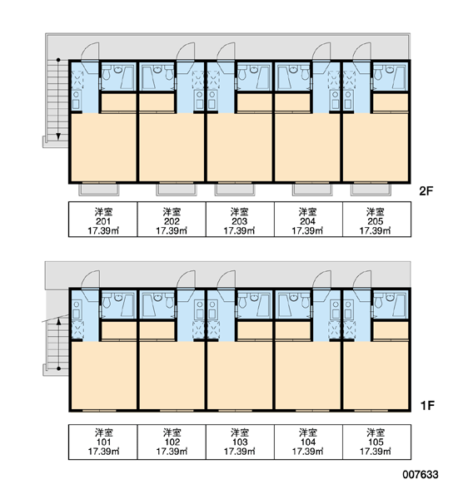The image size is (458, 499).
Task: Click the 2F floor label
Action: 426,191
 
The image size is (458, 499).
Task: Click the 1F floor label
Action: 427,406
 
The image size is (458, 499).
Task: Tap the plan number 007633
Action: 421,475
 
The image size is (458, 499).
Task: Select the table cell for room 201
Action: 103,220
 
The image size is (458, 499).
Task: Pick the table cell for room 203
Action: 240,220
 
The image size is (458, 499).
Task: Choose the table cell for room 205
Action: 376,220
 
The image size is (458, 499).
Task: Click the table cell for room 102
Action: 172,442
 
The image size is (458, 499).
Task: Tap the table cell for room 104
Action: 308,442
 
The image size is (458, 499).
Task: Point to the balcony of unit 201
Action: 99,190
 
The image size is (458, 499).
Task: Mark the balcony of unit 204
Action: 312,190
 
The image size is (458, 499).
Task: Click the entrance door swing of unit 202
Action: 187,51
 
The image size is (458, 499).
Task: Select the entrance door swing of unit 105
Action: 362,279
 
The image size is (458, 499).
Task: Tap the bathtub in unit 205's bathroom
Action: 400,77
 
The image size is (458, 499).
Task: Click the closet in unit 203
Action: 254,102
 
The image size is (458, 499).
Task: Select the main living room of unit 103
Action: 240,375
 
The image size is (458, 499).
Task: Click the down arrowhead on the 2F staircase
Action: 58,136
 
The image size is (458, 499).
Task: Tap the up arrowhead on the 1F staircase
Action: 58,321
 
